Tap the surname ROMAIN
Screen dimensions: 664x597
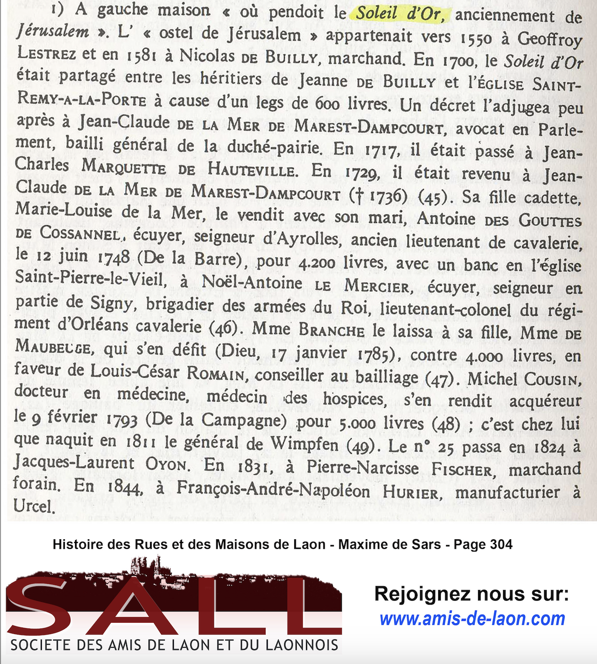(x=216, y=373)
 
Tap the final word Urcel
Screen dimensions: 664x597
(x=34, y=506)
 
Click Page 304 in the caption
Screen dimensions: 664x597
(x=483, y=544)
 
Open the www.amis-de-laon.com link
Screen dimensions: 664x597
(x=472, y=619)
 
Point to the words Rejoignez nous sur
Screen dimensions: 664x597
(x=471, y=594)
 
